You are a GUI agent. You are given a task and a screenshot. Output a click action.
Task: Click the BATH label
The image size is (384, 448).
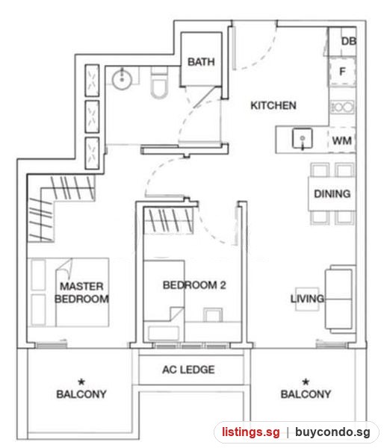tap(201, 62)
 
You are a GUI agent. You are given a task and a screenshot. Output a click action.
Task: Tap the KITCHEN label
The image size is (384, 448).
tap(273, 105)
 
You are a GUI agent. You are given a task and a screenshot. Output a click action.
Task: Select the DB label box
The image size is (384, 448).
tap(349, 41)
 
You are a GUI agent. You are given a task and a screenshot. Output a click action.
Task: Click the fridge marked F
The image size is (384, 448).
tap(342, 72)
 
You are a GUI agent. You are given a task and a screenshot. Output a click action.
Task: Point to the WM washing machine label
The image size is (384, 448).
tap(341, 140)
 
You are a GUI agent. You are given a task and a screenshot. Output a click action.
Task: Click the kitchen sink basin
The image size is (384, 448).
tap(302, 139)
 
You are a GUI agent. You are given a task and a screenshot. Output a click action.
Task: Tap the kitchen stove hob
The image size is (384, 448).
tap(342, 108)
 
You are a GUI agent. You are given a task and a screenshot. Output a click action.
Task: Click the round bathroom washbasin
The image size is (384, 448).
tap(122, 80)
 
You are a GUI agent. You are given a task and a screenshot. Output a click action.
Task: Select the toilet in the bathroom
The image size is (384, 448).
tap(159, 83)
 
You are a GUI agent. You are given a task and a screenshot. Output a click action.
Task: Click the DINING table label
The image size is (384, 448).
tap(332, 193)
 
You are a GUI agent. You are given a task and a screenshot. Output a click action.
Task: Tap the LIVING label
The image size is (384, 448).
tap(307, 299)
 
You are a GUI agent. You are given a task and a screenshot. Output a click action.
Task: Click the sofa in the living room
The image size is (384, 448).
tap(340, 299)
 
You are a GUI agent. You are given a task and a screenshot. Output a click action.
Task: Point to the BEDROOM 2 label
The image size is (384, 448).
tap(194, 285)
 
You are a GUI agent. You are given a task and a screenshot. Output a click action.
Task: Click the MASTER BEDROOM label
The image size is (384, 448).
tap(81, 293)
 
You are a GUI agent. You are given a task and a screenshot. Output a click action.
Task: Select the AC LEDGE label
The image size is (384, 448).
tap(188, 370)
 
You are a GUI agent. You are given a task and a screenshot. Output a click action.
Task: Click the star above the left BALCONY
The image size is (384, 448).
tap(81, 382)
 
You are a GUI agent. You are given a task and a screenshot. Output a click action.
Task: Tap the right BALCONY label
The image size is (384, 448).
tap(306, 394)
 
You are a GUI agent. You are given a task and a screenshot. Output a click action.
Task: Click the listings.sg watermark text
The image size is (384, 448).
tap(251, 432)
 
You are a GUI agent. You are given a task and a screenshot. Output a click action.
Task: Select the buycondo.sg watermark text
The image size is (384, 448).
tap(332, 432)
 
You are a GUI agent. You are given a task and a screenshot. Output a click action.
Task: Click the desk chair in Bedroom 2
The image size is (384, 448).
tap(213, 314)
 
